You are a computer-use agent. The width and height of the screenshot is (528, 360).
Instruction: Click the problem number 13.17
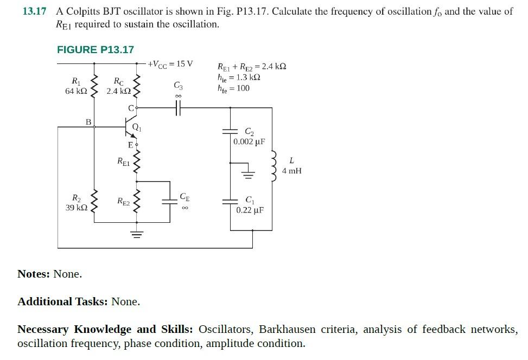(x=34, y=11)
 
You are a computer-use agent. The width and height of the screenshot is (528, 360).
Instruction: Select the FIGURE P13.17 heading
(x=96, y=50)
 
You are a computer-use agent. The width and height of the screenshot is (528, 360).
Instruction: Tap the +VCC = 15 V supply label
(x=170, y=64)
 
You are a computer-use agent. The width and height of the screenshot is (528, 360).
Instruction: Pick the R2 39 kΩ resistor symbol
(x=96, y=202)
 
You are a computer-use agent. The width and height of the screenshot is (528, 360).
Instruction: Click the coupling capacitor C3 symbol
(x=178, y=108)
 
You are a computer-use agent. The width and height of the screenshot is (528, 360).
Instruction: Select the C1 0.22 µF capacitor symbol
(x=231, y=201)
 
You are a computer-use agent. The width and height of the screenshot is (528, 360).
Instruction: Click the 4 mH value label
(x=292, y=171)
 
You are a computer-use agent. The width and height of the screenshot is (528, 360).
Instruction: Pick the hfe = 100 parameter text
(x=234, y=88)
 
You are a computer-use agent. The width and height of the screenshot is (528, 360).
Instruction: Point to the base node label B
(x=88, y=122)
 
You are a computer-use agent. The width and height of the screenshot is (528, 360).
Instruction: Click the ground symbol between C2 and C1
(x=249, y=173)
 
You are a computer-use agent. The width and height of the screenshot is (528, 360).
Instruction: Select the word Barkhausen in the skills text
(x=287, y=330)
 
